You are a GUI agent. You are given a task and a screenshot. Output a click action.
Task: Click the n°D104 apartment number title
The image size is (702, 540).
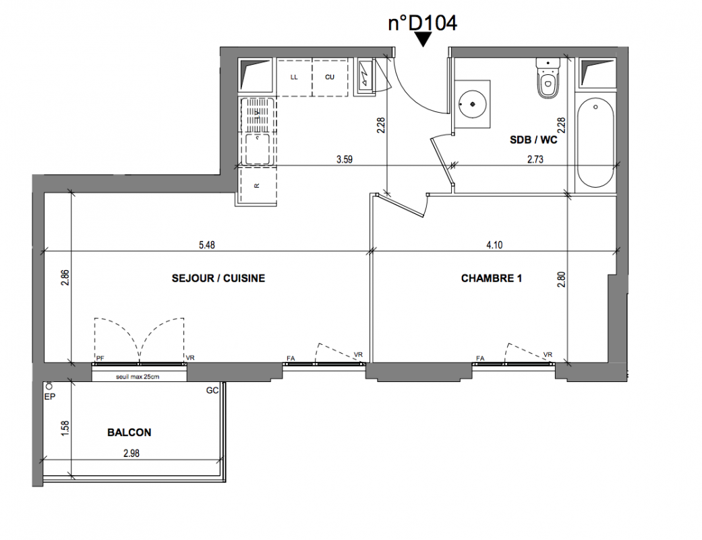coord(422,23)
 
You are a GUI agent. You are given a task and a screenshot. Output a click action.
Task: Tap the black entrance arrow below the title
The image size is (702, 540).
coord(423,39)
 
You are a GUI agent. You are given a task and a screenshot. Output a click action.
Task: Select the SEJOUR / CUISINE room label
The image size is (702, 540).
coord(218,278)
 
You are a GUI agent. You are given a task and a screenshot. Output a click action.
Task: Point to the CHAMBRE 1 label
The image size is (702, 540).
coord(491,278)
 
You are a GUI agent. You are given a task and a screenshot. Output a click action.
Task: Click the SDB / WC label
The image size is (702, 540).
coord(533,140)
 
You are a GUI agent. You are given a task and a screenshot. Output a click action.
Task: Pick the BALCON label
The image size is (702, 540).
coord(129,433)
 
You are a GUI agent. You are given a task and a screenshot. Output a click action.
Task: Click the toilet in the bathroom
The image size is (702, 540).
coord(548,78)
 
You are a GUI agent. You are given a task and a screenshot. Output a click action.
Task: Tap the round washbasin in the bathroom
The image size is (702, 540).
coord(472,103)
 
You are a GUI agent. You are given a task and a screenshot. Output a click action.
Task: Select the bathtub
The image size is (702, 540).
coord(595,142)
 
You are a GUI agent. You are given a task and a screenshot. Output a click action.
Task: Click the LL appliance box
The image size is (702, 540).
coord(294,77)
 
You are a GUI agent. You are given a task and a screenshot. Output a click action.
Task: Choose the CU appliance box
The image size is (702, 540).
coord(330,77)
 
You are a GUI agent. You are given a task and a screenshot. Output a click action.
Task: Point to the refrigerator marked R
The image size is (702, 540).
coord(258,186)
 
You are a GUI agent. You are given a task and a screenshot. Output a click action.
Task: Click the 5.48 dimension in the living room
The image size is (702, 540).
coord(207,244)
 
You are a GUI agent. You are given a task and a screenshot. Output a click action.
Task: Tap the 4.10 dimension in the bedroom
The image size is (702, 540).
coord(494,244)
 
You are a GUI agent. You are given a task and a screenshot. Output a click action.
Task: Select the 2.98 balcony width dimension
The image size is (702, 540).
coord(131,454)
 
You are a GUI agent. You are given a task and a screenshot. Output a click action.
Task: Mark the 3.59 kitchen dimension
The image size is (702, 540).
coord(345,159)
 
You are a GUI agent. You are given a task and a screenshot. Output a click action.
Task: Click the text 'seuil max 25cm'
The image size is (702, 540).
coord(138,377)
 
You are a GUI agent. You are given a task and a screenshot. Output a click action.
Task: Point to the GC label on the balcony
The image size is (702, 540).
coord(212,391)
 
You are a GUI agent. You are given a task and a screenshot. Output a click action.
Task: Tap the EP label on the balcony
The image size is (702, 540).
coord(50,397)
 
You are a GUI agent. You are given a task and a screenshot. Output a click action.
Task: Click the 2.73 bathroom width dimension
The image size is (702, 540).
coord(535,159)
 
